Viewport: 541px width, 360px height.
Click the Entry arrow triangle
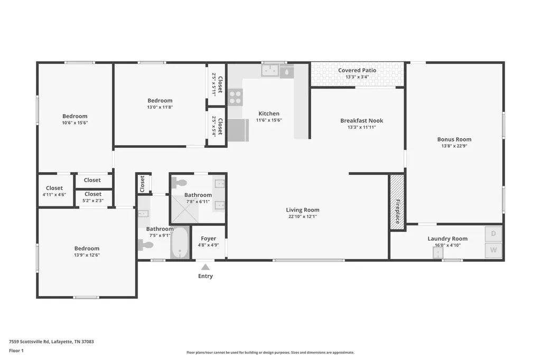pyautogui.click(x=206, y=267)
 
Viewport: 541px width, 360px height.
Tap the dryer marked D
pyautogui.click(x=493, y=234)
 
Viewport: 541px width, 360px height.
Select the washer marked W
pyautogui.click(x=493, y=250)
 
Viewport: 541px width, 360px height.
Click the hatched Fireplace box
pyautogui.click(x=397, y=202)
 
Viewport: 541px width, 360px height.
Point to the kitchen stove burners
pyautogui.click(x=235, y=97)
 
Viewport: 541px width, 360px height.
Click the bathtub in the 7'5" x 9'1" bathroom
pyautogui.click(x=180, y=242)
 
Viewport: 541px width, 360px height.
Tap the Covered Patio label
pyautogui.click(x=357, y=70)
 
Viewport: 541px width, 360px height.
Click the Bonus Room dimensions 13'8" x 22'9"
pyautogui.click(x=454, y=146)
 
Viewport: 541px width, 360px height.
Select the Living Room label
pyautogui.click(x=303, y=210)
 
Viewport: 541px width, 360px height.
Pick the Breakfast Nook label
pyautogui.click(x=361, y=120)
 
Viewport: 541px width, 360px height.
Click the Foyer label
pyautogui.click(x=208, y=238)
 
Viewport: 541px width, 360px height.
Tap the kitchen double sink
pyautogui.click(x=270, y=70)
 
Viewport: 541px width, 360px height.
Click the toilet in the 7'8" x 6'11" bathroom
pyautogui.click(x=179, y=183)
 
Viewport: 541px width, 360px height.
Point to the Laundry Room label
pyautogui.click(x=447, y=238)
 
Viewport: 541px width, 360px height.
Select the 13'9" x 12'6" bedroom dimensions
pyautogui.click(x=87, y=255)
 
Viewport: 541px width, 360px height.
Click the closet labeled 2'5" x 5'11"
pyautogui.click(x=216, y=84)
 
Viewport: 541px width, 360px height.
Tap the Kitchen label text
pyautogui.click(x=269, y=113)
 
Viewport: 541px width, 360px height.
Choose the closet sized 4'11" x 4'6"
pyautogui.click(x=55, y=191)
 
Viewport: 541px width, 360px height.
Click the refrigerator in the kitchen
pyautogui.click(x=238, y=130)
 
